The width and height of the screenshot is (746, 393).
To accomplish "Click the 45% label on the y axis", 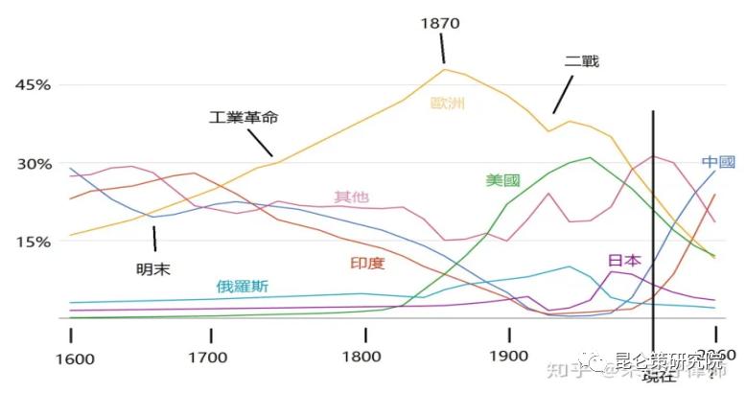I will (x=32, y=85).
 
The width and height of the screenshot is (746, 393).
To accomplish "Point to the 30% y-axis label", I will (x=32, y=164).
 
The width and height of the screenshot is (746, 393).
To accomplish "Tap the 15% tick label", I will (x=32, y=242).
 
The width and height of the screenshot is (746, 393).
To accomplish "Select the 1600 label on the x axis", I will (x=75, y=359).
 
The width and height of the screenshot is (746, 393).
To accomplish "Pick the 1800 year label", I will (x=365, y=359).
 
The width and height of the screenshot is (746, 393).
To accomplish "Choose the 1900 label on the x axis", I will (x=508, y=359).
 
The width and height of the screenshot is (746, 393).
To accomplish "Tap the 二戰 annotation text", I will (x=581, y=61).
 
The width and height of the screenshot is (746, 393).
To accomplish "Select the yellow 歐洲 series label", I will (x=447, y=103).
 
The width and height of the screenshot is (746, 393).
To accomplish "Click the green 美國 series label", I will (x=502, y=180).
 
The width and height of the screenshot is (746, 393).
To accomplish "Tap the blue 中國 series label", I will (x=718, y=162).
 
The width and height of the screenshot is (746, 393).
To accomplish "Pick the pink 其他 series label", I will (x=350, y=197).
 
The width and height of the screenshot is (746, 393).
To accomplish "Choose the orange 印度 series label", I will (x=368, y=262).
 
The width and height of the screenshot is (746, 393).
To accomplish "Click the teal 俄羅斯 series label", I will (x=242, y=286).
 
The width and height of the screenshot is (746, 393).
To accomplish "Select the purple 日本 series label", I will (x=624, y=260).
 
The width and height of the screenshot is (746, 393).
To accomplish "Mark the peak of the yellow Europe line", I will (x=445, y=68).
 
